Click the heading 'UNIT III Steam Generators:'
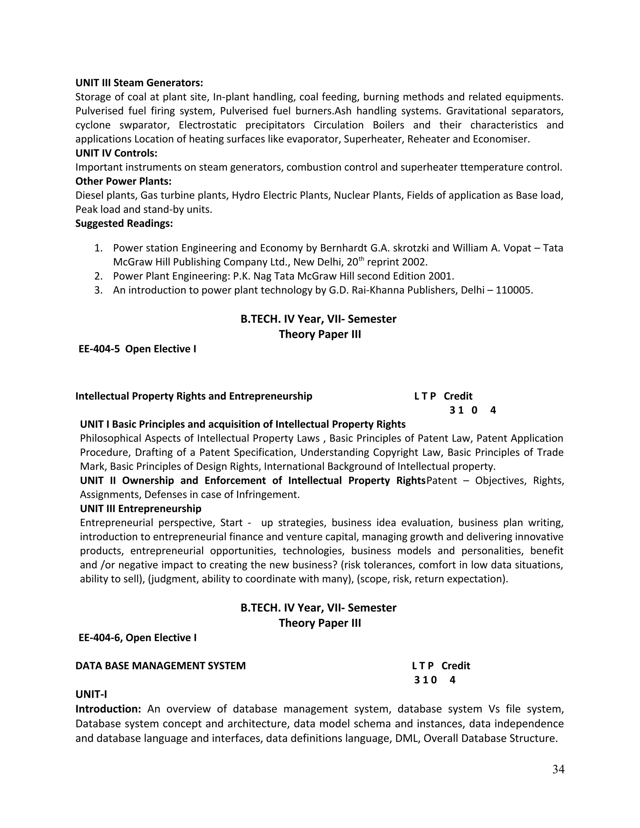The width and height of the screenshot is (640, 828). click(139, 83)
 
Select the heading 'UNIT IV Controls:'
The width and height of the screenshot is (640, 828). click(116, 153)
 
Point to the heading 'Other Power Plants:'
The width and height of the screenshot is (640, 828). click(123, 181)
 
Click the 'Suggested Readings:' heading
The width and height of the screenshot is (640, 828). click(124, 223)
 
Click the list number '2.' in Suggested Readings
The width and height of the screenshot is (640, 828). click(98, 276)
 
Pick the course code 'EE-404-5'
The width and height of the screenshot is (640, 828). click(99, 349)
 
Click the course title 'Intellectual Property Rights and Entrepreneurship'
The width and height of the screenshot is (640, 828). click(194, 396)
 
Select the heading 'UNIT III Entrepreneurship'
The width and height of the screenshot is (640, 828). click(141, 508)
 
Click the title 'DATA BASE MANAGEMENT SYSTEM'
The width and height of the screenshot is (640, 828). click(160, 666)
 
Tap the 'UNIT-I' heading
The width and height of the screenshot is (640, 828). click(91, 694)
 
